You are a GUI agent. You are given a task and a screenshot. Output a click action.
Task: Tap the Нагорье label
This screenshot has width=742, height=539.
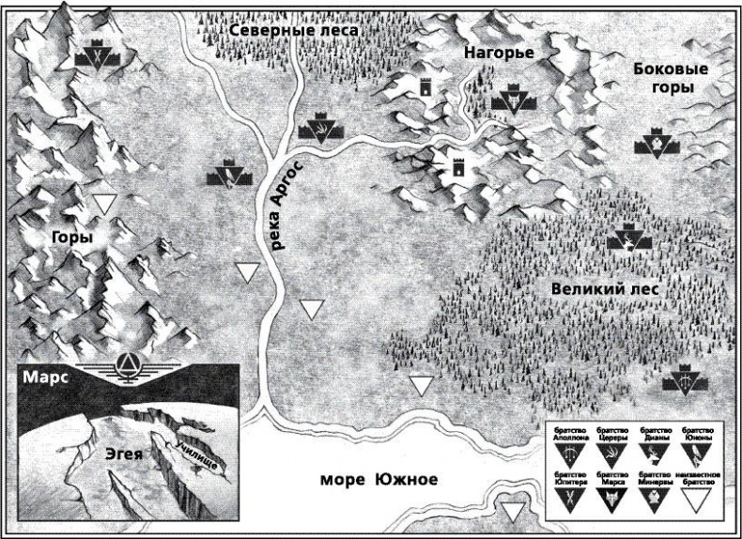pos(499,54)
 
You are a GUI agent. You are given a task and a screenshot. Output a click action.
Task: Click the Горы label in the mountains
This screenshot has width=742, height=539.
pos(72,239)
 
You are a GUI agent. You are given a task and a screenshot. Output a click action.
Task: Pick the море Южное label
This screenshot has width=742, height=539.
pos(379,480)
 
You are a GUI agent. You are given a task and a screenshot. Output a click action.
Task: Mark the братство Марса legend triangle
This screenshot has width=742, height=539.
pos(613,499)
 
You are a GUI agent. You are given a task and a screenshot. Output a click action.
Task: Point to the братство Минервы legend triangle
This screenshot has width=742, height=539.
pos(654,499)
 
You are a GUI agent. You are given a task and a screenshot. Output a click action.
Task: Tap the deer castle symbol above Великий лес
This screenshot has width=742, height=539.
pos(623,243)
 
